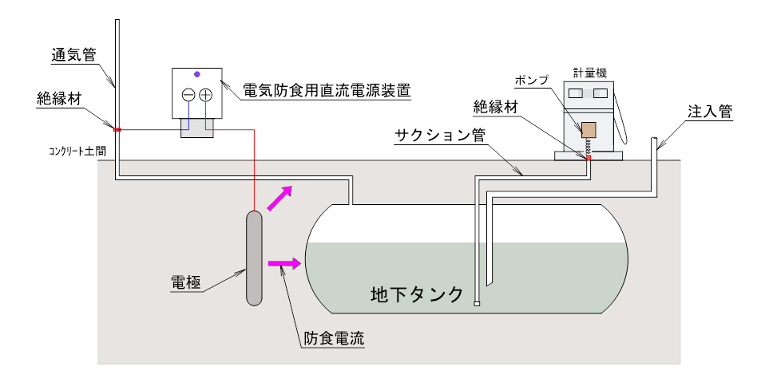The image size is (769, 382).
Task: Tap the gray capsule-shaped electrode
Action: [x=254, y=257]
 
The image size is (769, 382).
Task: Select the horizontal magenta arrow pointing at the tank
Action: [x=285, y=263]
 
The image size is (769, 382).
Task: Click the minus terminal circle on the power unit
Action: [x=188, y=95]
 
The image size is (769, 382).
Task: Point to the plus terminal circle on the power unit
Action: [x=206, y=95]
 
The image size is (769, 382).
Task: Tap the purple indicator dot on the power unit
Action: [x=197, y=73]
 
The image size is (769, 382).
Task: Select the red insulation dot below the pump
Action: [x=589, y=158]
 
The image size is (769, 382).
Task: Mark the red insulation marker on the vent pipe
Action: [x=117, y=130]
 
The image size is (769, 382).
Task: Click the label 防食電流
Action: [x=334, y=337]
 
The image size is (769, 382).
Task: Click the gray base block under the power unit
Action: [x=197, y=129]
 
